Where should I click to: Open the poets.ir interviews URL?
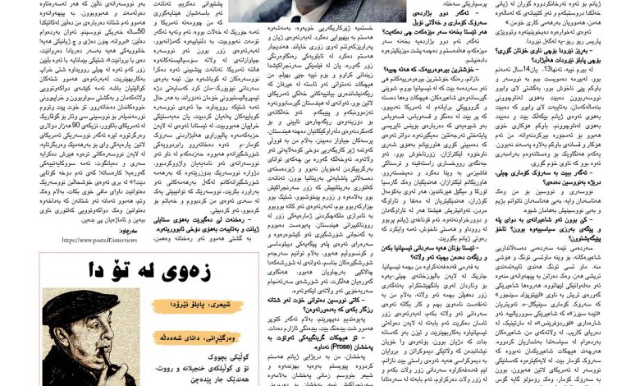pyautogui.click(x=102, y=240)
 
